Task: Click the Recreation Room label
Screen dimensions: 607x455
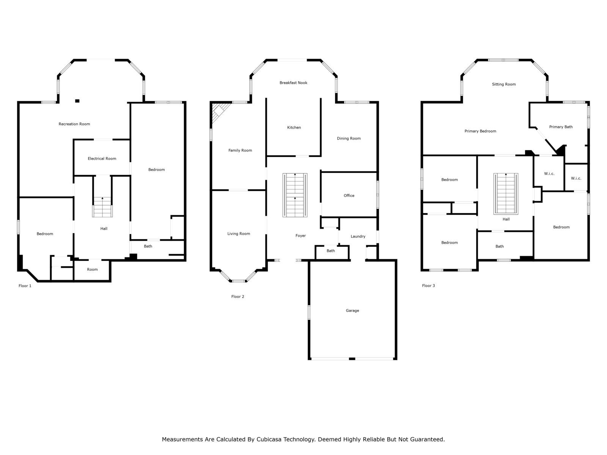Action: coord(74,124)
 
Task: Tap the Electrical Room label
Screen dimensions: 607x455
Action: coord(102,158)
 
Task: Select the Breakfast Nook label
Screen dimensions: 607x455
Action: coord(293,83)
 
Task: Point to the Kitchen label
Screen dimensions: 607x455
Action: coord(294,127)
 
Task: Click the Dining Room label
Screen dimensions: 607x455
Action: coord(348,138)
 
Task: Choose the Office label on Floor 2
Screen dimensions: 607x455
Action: coord(349,196)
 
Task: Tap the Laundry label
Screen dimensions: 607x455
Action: coord(358,237)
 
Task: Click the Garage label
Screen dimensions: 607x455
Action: coord(352,311)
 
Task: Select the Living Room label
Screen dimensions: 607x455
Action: coord(238,234)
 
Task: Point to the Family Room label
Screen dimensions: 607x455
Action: coord(240,151)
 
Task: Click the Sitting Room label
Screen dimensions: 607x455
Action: coord(503,84)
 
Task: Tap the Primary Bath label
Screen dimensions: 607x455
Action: coord(561,127)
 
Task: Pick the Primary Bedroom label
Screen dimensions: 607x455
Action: coord(480,131)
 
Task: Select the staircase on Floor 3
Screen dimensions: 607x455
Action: coord(506,194)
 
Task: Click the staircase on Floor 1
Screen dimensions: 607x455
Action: coord(102,207)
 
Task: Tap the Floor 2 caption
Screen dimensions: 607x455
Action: coord(237,297)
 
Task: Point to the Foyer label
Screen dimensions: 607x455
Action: coord(300,235)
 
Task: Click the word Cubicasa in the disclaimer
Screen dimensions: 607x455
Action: coord(268,439)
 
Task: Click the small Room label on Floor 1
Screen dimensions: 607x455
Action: coord(92,270)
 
